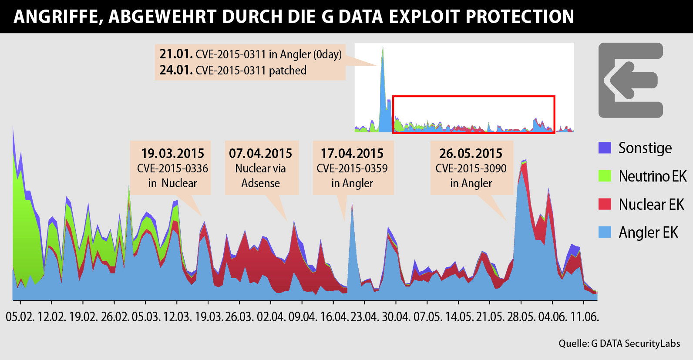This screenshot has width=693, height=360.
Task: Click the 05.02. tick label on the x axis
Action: [20, 317]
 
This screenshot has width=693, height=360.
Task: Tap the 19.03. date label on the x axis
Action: [208, 317]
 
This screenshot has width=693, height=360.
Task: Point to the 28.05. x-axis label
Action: [521, 317]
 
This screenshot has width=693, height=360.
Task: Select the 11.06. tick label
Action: [584, 317]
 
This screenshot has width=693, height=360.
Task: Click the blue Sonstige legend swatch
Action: [605, 148]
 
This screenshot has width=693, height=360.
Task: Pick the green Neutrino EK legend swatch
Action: [605, 176]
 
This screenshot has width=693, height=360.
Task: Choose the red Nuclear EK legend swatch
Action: [605, 204]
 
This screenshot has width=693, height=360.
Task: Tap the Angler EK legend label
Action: [648, 232]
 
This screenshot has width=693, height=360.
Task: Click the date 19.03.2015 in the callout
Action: [172, 153]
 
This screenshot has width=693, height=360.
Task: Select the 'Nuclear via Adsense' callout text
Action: [261, 175]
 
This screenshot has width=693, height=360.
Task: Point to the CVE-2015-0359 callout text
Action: [352, 168]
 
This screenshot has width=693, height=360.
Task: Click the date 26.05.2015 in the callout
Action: [471, 153]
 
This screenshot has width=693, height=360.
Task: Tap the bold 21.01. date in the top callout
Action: [176, 54]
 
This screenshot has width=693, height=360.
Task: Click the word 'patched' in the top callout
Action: [288, 71]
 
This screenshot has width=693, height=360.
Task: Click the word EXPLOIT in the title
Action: [424, 17]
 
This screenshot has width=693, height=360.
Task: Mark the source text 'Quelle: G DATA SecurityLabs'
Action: [619, 343]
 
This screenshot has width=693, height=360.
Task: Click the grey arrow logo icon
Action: [630, 80]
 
